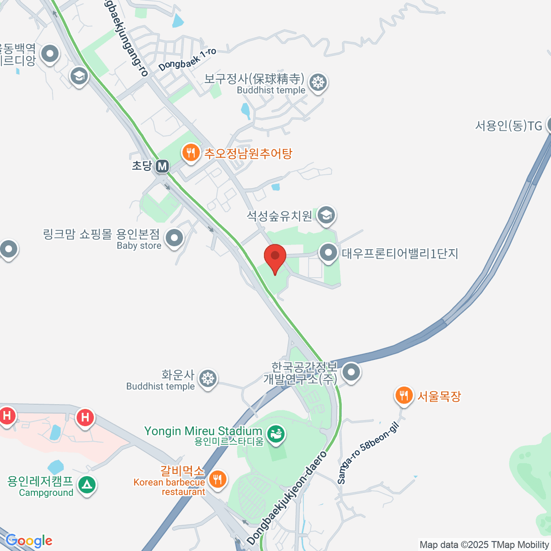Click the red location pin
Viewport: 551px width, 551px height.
[x=275, y=258]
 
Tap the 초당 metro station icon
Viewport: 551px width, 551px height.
[x=162, y=166]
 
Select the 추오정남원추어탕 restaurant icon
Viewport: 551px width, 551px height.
[x=190, y=152]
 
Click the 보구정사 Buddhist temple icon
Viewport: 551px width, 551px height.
[x=319, y=83]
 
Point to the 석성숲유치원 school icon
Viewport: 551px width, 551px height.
[x=326, y=214]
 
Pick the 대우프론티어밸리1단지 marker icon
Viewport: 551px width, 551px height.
[x=328, y=252]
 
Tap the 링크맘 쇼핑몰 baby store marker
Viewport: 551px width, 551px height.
[x=174, y=238]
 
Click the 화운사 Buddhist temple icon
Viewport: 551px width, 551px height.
[x=208, y=379]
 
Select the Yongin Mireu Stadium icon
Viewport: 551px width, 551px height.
[x=276, y=433]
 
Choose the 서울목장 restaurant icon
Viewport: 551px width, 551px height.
[x=404, y=395]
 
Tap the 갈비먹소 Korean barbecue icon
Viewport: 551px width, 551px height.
[x=217, y=479]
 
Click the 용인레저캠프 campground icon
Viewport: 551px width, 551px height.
[x=86, y=484]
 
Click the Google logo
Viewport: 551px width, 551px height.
[x=29, y=541]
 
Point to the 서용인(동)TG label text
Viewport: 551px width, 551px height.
[x=508, y=125]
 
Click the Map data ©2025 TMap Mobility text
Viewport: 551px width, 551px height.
[x=484, y=545]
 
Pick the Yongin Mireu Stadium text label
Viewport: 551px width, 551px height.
[x=203, y=431]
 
